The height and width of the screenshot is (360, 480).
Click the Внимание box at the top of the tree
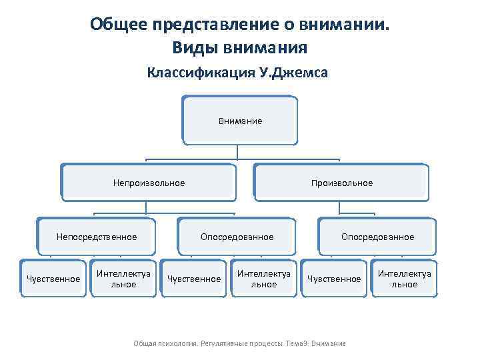239,121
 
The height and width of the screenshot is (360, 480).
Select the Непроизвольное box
149,183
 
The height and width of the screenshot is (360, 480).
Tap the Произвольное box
341,183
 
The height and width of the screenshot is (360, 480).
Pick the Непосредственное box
97,237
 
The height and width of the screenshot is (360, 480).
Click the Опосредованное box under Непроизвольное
237,237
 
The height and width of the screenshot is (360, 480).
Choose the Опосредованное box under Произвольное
377,237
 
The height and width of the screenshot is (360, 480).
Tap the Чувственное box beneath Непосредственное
53,279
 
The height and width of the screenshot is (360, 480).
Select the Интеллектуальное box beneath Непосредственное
124,279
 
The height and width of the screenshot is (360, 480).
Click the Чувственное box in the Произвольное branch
334,279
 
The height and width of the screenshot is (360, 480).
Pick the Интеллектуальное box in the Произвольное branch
404,279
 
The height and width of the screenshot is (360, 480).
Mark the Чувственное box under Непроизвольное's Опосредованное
193,279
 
